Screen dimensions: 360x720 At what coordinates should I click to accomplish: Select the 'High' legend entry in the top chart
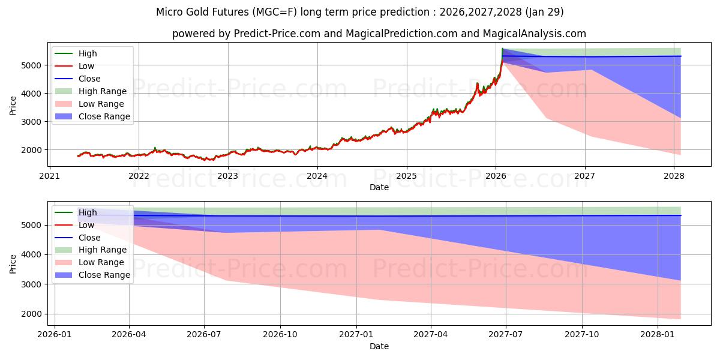pyautogui.click(x=88, y=53)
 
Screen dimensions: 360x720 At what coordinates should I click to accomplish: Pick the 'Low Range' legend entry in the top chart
pyautogui.click(x=102, y=104)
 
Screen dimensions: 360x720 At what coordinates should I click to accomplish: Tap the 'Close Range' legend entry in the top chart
pyautogui.click(x=104, y=116)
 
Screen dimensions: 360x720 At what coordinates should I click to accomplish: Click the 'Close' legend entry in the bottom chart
pyautogui.click(x=89, y=238)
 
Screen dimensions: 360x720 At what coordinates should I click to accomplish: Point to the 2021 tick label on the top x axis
pyautogui.click(x=49, y=176)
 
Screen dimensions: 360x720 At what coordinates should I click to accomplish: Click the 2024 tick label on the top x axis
pyautogui.click(x=317, y=176)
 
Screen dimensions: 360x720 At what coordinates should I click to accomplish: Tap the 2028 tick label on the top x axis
pyautogui.click(x=674, y=176)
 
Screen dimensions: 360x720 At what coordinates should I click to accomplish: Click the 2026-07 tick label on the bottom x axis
pyautogui.click(x=204, y=335)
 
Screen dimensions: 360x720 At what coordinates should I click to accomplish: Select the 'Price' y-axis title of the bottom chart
pyautogui.click(x=13, y=263)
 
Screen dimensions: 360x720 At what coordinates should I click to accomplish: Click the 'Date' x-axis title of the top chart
pyautogui.click(x=379, y=187)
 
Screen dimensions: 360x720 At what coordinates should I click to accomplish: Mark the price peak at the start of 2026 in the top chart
pyautogui.click(x=502, y=49)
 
